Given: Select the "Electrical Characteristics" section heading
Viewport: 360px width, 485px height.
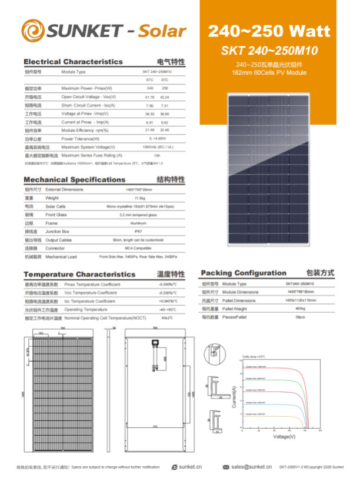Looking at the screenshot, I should coord(74,62).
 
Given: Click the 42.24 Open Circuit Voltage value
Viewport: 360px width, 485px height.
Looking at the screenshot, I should coord(165,96).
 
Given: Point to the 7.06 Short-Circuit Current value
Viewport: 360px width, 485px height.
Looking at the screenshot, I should coord(149,105).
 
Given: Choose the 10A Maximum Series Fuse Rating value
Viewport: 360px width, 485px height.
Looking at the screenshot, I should coord(156,155).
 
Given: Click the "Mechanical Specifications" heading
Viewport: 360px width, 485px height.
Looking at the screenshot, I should coord(74,179).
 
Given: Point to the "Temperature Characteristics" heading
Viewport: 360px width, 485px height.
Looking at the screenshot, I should coord(79,275).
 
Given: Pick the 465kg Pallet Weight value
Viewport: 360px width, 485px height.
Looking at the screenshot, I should coord(300,309).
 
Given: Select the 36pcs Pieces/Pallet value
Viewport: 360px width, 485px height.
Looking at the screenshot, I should coord(300,317).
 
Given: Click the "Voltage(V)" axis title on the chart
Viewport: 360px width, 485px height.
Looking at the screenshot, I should coord(284,437).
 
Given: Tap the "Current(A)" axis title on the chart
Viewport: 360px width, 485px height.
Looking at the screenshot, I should coord(234,397).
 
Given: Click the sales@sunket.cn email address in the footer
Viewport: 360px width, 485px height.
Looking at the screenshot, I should coord(251,467).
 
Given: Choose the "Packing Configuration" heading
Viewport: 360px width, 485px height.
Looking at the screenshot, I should coord(244,273).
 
